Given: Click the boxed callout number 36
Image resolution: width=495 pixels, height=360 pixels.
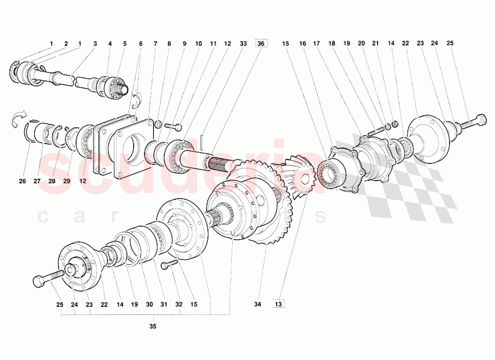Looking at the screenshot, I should click(x=261, y=44).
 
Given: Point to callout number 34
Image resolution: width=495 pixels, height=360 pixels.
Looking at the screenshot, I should click(x=257, y=304).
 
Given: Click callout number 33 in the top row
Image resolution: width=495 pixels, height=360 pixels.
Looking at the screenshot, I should click(x=243, y=44).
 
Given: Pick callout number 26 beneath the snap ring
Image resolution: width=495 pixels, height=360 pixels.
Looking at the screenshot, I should click(x=141, y=44).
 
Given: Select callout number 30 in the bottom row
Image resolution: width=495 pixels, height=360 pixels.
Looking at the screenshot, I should click(x=148, y=304).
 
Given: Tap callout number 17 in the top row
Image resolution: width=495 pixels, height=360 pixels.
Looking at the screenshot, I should click(x=316, y=44).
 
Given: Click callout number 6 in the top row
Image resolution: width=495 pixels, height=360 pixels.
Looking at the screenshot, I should click(x=141, y=44).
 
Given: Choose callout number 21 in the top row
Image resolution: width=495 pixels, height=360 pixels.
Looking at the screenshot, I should click(x=376, y=44).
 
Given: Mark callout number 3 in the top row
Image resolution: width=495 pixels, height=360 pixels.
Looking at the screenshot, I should click(x=95, y=44).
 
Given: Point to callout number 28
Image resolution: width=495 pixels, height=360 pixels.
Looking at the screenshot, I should click(x=52, y=181).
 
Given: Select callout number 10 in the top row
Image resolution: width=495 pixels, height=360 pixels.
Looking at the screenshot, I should click(x=198, y=44).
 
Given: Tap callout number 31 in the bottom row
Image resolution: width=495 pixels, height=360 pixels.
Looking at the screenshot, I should click(x=164, y=304).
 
